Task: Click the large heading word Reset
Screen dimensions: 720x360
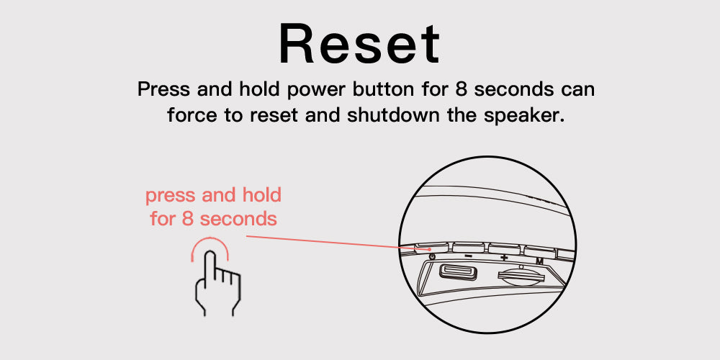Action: [x=359, y=44]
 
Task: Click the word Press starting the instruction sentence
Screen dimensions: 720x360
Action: [x=163, y=89]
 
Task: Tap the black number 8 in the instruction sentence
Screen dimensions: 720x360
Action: [x=462, y=89]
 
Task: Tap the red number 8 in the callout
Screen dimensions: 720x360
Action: [x=187, y=219]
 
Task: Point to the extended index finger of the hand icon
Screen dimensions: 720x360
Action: [x=210, y=266]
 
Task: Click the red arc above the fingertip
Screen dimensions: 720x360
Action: [x=210, y=239]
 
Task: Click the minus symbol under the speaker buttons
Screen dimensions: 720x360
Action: [x=468, y=256]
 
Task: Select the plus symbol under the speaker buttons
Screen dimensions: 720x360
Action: [x=504, y=258]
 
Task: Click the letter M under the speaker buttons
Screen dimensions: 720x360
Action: [x=539, y=261]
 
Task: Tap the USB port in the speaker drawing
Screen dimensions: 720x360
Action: [x=458, y=272]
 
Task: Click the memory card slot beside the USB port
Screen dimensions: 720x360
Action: [x=519, y=277]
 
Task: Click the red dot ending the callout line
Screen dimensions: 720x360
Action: [x=429, y=249]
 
